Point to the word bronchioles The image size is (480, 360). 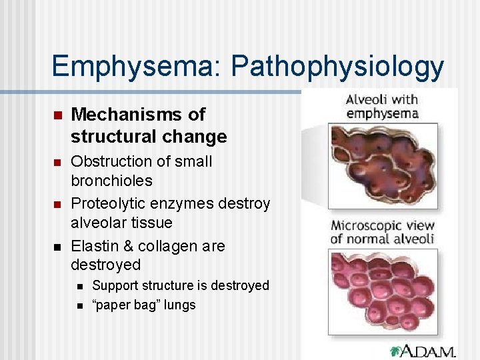click(111, 181)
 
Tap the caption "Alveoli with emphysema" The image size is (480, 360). click(381, 106)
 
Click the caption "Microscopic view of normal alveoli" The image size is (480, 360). click(382, 231)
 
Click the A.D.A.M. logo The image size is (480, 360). click(423, 350)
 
